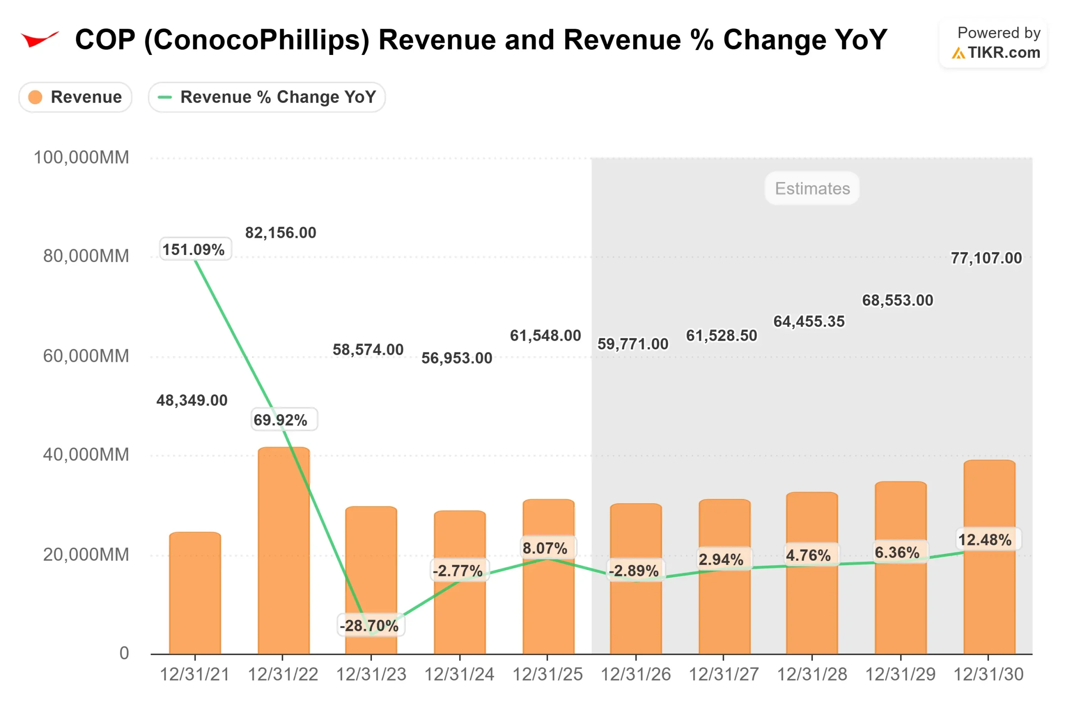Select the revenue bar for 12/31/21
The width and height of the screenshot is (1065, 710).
tap(195, 593)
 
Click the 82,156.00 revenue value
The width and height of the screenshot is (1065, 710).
tap(281, 233)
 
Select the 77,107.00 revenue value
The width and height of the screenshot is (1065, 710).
tap(986, 258)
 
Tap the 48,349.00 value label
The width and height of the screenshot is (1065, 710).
tap(192, 400)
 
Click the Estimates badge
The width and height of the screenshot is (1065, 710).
tap(812, 188)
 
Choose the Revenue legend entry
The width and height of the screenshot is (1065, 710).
tap(76, 97)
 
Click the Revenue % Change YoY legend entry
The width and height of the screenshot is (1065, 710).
tap(267, 97)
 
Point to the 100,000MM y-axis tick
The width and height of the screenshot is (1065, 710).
tap(82, 158)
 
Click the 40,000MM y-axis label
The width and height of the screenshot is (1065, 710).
tap(86, 455)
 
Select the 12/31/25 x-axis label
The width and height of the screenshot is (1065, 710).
tap(547, 675)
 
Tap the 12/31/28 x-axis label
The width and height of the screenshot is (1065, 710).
tap(812, 675)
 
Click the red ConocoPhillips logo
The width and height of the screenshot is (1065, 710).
tap(40, 40)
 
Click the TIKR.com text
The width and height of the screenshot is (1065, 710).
tap(1004, 53)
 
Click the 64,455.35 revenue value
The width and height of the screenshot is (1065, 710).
tap(809, 322)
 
